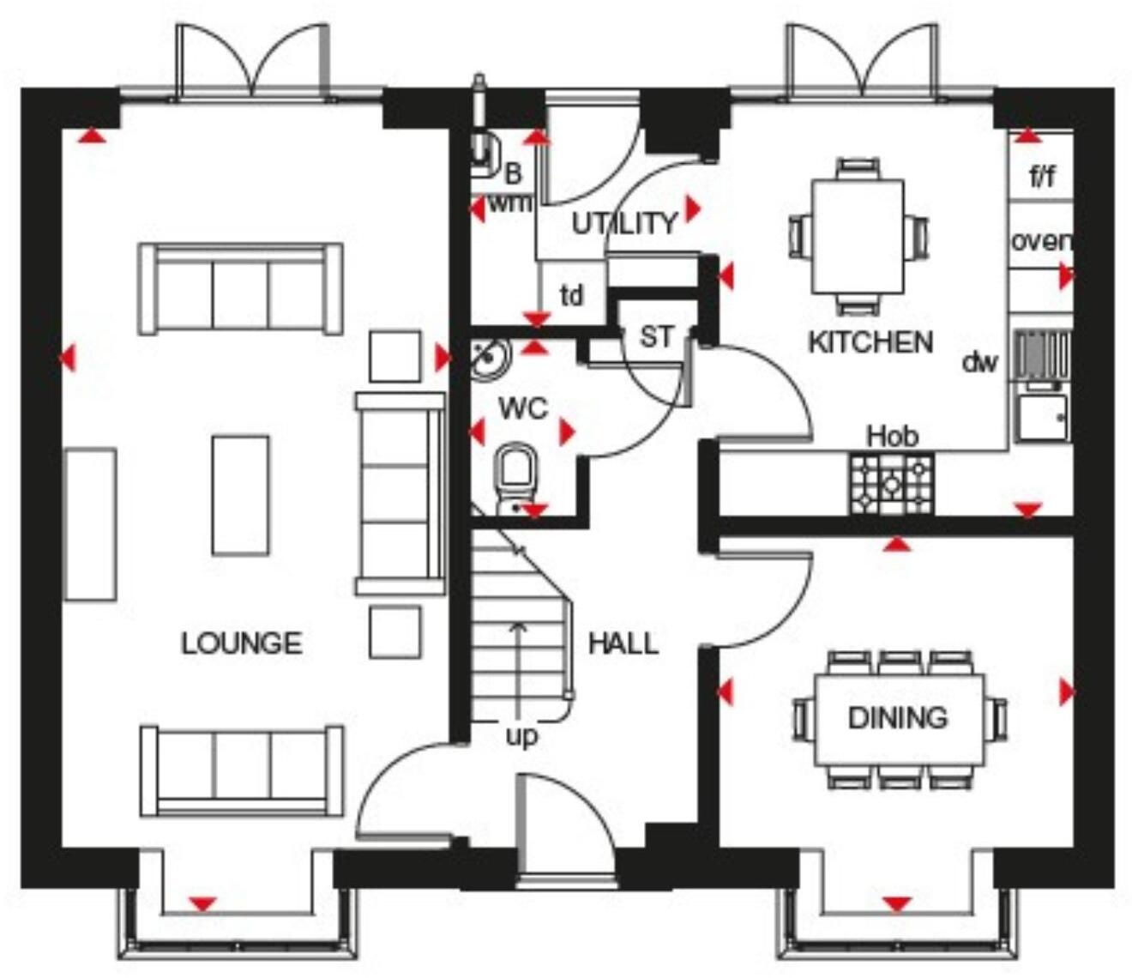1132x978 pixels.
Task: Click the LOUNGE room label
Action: (x=241, y=643)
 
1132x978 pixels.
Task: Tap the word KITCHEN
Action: (x=870, y=342)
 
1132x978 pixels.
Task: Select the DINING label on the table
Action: (x=897, y=717)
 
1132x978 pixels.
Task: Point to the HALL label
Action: (x=623, y=643)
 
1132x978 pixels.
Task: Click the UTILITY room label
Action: (x=624, y=224)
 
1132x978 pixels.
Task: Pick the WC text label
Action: (x=523, y=408)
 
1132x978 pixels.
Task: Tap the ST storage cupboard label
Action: (x=657, y=337)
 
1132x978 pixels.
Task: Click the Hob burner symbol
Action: (x=891, y=484)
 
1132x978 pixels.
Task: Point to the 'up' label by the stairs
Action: (x=521, y=736)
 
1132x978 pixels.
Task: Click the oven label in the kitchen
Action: (x=1041, y=241)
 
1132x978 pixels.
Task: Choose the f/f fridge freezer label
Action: (x=1041, y=178)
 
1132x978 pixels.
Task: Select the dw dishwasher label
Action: (x=979, y=362)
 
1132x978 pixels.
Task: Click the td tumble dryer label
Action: (x=572, y=296)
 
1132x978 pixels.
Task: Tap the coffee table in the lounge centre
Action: (x=240, y=495)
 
